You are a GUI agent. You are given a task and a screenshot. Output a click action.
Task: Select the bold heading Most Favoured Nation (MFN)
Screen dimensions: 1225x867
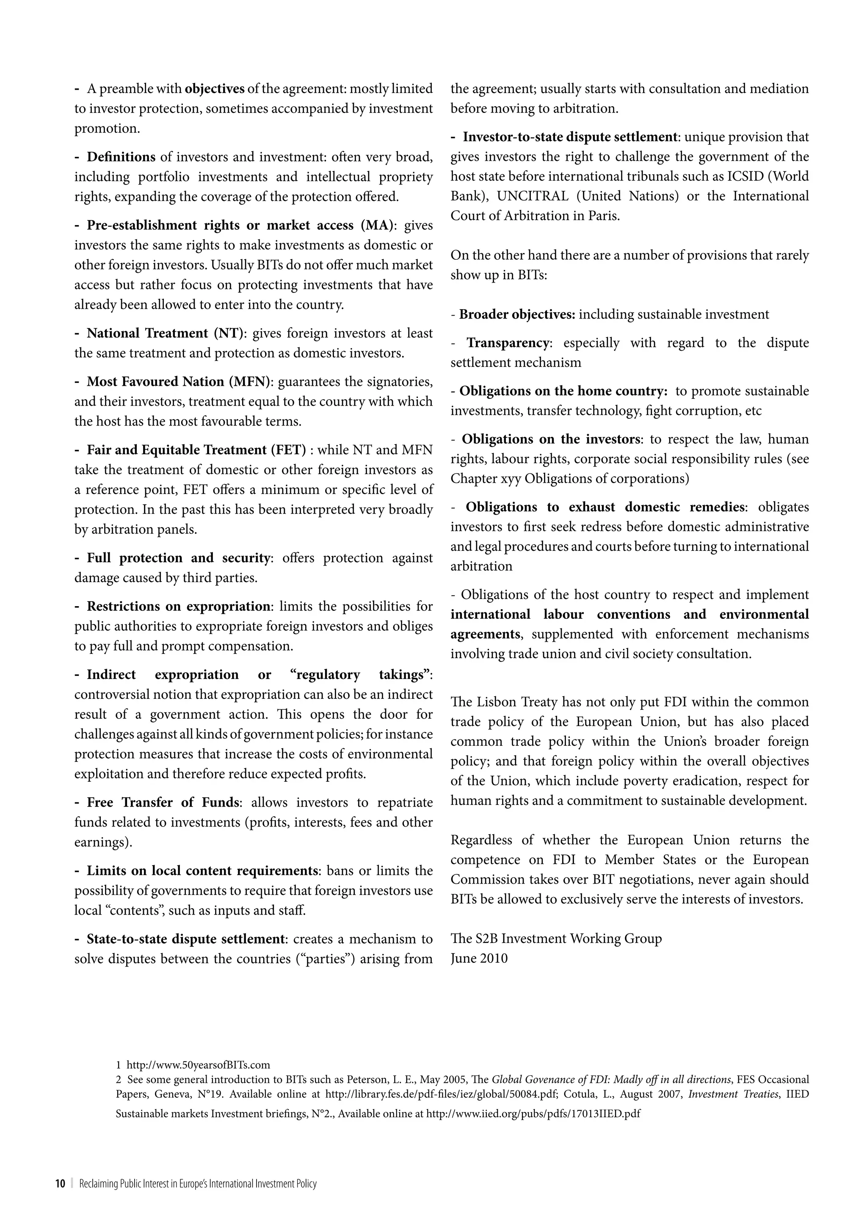coord(180,382)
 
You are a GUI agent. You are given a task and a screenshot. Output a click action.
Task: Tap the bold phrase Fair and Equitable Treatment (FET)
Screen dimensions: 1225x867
coord(196,450)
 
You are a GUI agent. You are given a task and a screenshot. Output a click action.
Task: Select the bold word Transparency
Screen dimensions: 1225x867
coord(508,343)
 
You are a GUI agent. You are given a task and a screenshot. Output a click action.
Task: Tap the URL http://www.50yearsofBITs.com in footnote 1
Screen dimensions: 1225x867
coord(198,1066)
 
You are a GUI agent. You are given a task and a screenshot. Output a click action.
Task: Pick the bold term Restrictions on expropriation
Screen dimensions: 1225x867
coord(179,607)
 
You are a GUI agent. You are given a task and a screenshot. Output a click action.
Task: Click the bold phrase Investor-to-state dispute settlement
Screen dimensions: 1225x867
coord(570,137)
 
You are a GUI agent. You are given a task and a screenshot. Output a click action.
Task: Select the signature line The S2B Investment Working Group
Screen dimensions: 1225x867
coord(556,939)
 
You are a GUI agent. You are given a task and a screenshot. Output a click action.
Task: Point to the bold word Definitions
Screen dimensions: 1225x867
coord(121,157)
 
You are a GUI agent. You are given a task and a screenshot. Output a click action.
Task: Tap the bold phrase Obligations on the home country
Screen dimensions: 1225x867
coord(563,391)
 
